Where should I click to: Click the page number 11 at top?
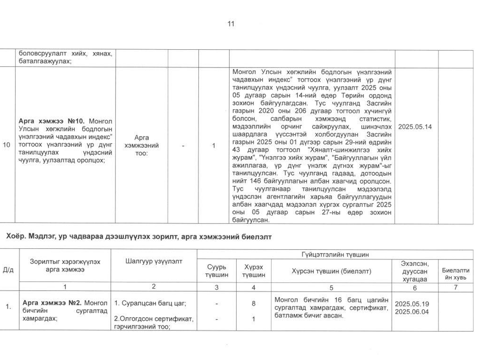(x=231, y=24)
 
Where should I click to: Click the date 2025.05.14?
(x=414, y=127)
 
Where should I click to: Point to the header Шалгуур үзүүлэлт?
(x=154, y=262)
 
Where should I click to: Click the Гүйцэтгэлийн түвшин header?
(x=335, y=255)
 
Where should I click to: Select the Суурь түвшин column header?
(x=217, y=271)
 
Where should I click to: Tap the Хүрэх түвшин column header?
(x=253, y=271)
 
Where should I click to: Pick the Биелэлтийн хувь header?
(x=455, y=274)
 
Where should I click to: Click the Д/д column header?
(x=8, y=269)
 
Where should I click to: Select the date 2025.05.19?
(x=412, y=304)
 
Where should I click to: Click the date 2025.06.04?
(x=412, y=311)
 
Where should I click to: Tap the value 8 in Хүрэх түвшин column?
(x=253, y=304)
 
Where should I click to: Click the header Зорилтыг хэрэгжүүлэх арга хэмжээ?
(x=65, y=265)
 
